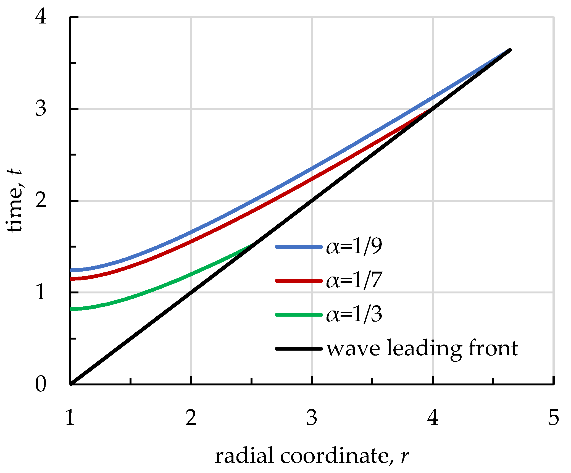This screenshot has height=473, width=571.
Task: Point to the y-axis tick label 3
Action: click(x=41, y=109)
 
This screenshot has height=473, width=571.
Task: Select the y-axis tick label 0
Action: click(x=41, y=384)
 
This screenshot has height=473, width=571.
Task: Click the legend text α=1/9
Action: click(x=354, y=246)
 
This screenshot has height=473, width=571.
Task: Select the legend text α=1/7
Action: click(x=354, y=280)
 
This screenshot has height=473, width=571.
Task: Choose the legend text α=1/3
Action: click(x=354, y=314)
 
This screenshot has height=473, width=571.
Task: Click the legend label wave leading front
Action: click(x=422, y=349)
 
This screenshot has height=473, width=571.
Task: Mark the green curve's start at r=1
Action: click(x=71, y=309)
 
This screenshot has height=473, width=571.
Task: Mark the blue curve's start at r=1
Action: click(x=71, y=270)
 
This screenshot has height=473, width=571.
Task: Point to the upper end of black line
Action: click(x=510, y=50)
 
